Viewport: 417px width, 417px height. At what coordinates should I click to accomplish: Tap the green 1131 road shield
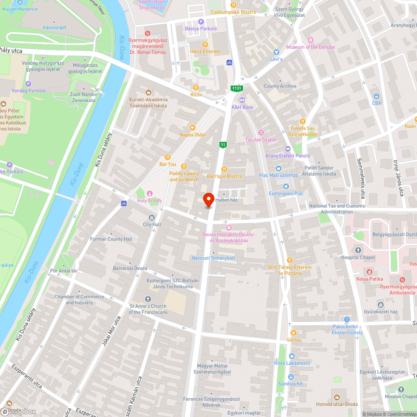point(237,88)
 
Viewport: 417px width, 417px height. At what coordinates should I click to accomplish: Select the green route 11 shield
point(224,144)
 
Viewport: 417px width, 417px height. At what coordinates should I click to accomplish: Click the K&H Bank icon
point(242,100)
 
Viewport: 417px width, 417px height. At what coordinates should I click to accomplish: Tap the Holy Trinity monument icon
point(150,193)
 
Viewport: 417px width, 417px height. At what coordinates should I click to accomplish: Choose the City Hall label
point(152,224)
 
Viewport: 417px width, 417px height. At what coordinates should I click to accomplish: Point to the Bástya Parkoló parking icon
point(201,22)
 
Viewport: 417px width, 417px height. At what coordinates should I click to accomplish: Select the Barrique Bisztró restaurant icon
point(224,169)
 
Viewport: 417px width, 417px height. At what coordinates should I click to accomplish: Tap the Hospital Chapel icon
point(358,250)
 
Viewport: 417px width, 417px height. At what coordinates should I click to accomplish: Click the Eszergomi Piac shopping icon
point(286,186)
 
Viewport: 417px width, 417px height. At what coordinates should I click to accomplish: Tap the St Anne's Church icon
point(148,299)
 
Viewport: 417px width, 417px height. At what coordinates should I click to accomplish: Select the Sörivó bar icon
point(294,333)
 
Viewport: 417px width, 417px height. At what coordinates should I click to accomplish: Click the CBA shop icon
point(377,96)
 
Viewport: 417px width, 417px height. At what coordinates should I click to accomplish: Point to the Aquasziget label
point(54,28)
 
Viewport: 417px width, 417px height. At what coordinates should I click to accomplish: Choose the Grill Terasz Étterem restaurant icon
point(289,260)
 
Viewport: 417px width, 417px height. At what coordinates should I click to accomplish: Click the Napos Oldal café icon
point(193,128)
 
